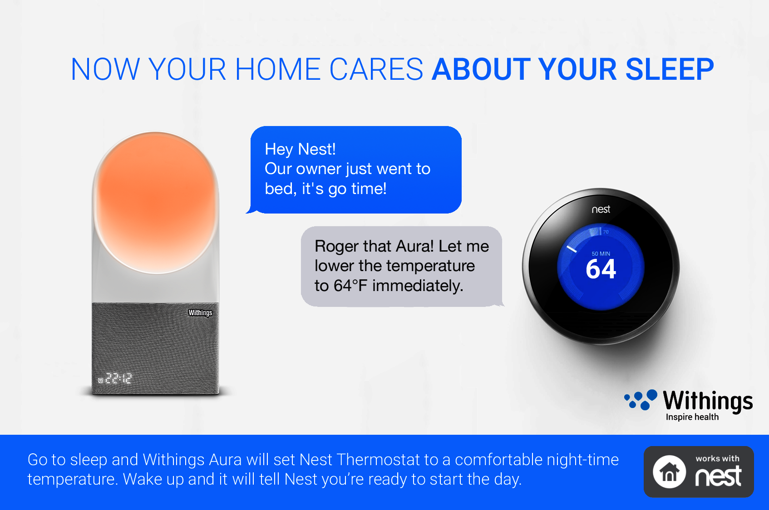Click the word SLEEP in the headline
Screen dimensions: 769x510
pyautogui.click(x=670, y=69)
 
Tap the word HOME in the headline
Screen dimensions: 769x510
pyautogui.click(x=278, y=69)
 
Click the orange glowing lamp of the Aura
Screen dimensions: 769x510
pyautogui.click(x=156, y=202)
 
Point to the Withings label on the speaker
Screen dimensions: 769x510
pyautogui.click(x=200, y=313)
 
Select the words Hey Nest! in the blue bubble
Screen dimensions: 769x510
pyautogui.click(x=300, y=149)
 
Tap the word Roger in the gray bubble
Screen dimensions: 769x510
pyautogui.click(x=336, y=247)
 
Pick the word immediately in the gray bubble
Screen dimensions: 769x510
pyautogui.click(x=418, y=286)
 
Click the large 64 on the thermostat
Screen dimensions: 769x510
pyautogui.click(x=601, y=269)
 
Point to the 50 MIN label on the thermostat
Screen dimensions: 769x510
pyautogui.click(x=601, y=253)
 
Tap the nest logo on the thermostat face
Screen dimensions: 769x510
pyautogui.click(x=601, y=209)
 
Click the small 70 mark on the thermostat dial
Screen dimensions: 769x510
pyautogui.click(x=606, y=232)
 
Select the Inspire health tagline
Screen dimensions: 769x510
pyautogui.click(x=692, y=417)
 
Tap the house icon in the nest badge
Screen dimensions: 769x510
pyautogui.click(x=669, y=471)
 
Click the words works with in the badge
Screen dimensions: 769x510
pyautogui.click(x=718, y=459)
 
